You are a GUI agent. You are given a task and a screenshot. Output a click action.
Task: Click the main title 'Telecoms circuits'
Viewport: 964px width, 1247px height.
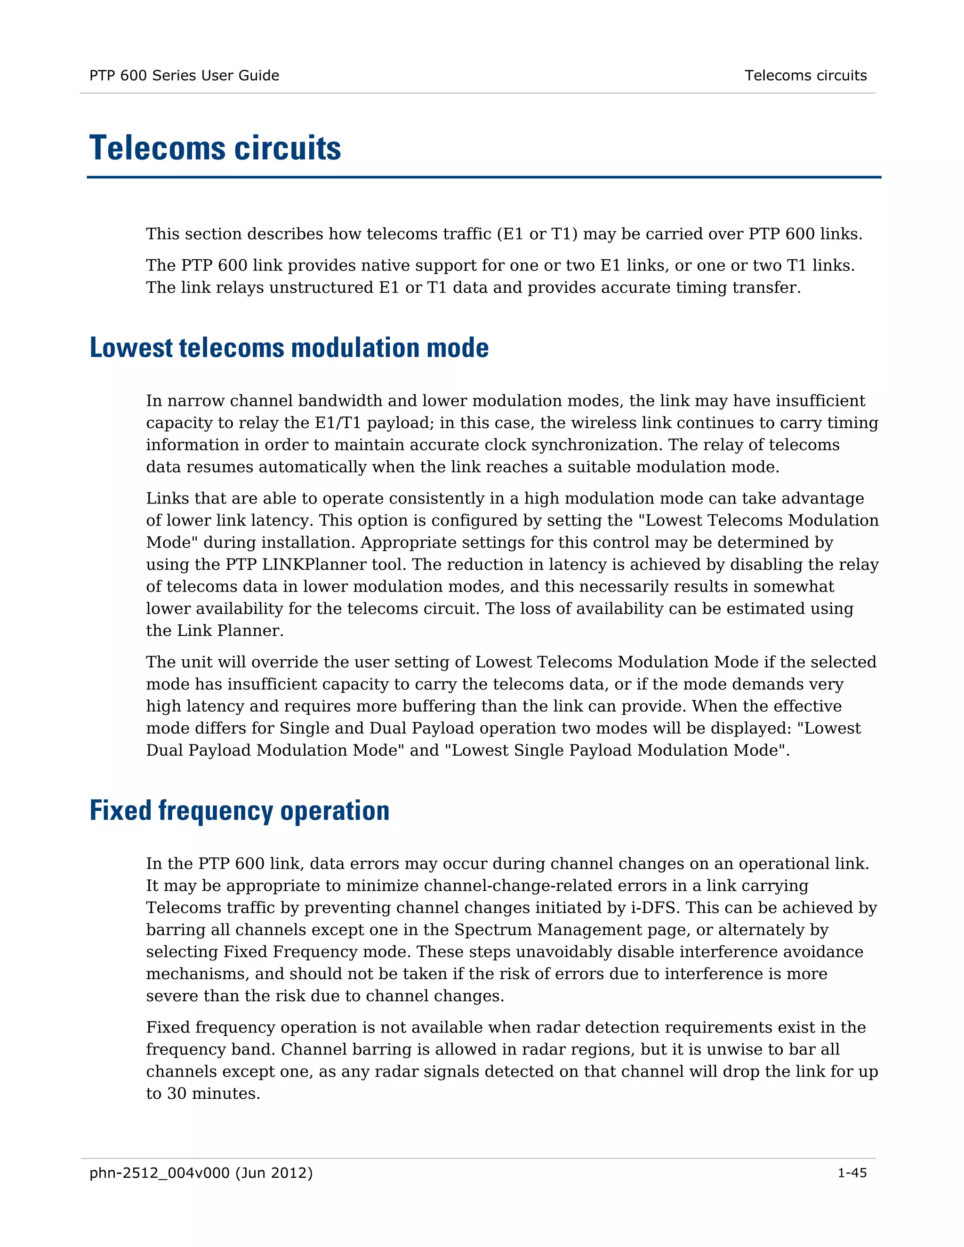pyautogui.click(x=215, y=148)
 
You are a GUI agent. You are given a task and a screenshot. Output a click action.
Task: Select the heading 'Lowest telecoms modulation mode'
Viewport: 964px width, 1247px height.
pyautogui.click(x=289, y=348)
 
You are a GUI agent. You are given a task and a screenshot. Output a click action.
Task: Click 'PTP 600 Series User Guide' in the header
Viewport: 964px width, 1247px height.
pyautogui.click(x=184, y=75)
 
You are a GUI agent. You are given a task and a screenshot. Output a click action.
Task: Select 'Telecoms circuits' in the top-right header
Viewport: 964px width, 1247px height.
pyautogui.click(x=805, y=75)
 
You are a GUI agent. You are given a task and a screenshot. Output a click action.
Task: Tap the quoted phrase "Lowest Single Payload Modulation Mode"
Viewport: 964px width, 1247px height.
pyautogui.click(x=614, y=750)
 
